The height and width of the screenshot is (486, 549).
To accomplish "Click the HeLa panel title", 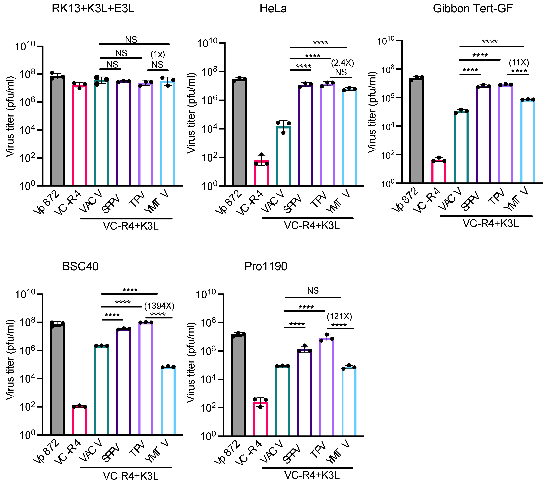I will click(273, 9).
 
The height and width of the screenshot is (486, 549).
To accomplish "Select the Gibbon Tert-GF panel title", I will click(473, 9).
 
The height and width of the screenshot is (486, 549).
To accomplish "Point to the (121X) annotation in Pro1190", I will click(339, 316).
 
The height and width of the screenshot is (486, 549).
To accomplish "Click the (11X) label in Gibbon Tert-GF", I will click(519, 63).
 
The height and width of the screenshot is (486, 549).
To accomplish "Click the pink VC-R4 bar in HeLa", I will click(261, 173).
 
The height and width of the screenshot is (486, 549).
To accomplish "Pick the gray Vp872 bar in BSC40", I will click(57, 379).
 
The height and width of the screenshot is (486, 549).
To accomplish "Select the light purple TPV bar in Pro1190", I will click(327, 387).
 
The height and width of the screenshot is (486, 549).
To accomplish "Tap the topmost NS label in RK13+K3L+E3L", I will click(131, 40).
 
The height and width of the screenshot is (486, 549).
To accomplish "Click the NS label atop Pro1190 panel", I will click(313, 291).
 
